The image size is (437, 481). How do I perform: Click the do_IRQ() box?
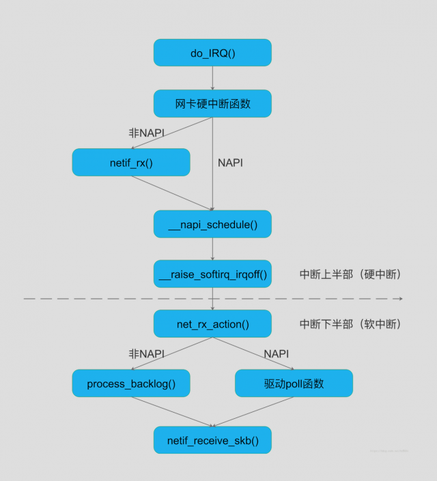[212, 53]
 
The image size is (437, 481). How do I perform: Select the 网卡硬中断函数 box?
[212, 104]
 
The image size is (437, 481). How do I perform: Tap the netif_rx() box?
[131, 163]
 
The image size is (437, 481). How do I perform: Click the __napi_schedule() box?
[212, 224]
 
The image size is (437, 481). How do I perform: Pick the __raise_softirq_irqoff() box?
[212, 274]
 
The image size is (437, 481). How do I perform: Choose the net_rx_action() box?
[212, 324]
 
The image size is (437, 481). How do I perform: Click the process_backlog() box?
[131, 383]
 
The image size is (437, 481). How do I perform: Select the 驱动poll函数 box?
[294, 383]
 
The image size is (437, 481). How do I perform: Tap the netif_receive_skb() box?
[212, 440]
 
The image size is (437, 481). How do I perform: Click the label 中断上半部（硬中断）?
[350, 274]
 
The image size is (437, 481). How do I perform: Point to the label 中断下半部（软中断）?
[350, 324]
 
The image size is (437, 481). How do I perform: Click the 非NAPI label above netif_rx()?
[146, 133]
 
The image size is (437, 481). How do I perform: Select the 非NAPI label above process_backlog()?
[147, 354]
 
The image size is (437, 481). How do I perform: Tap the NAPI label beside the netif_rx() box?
[230, 163]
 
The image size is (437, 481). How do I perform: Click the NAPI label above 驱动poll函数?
[276, 354]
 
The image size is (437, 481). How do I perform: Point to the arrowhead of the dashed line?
[400, 299]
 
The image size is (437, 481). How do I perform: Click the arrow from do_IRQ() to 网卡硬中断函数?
[212, 78]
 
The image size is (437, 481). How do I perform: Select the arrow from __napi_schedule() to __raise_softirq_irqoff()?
[212, 249]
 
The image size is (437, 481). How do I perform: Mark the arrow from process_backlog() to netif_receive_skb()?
[171, 411]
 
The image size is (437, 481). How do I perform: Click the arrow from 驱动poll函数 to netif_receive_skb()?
[254, 411]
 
